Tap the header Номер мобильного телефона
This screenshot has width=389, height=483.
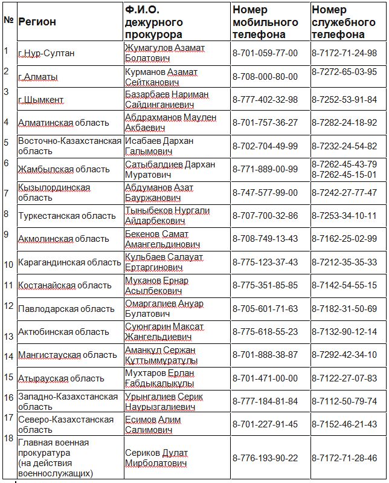click(x=265, y=22)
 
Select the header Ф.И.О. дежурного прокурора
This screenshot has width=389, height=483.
click(x=153, y=22)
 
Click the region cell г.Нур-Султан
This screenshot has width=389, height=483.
click(x=47, y=53)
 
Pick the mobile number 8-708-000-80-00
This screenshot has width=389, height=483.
click(x=265, y=77)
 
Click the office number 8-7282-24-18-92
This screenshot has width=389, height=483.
click(x=344, y=122)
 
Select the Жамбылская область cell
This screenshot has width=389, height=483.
click(x=63, y=169)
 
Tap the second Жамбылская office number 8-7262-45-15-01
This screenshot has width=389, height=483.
click(x=344, y=175)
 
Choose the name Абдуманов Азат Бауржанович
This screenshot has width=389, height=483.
click(x=159, y=193)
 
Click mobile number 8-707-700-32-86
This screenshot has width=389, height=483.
click(x=265, y=215)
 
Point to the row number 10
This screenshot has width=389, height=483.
click(x=8, y=264)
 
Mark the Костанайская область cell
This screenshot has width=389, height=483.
click(x=65, y=285)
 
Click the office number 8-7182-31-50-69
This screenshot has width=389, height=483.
click(x=344, y=308)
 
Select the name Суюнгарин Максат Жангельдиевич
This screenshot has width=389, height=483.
click(x=165, y=332)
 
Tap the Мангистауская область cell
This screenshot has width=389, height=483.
click(x=68, y=355)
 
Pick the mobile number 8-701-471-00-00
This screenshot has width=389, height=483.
click(x=265, y=378)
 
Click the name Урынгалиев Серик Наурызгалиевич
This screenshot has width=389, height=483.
click(x=164, y=401)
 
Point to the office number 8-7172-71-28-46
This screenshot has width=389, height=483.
click(x=344, y=458)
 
